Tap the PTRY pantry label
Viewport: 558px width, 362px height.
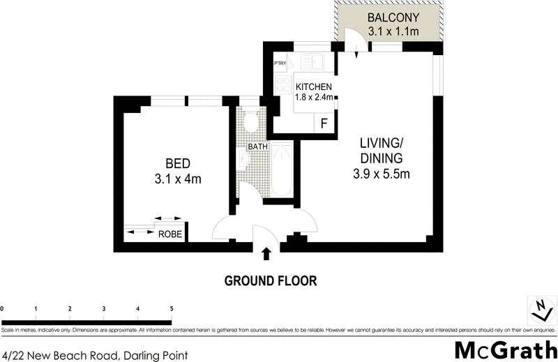click(280, 63)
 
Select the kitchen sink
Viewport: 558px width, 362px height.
click(318, 62)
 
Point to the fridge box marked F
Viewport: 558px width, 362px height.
click(324, 124)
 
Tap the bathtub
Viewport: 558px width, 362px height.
click(282, 169)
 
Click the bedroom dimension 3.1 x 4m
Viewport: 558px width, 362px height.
click(178, 179)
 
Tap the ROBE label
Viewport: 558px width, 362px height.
click(169, 235)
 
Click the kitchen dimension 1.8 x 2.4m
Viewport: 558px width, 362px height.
click(313, 98)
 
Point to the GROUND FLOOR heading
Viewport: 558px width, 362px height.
click(270, 281)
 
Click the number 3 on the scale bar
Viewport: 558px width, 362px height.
click(104, 308)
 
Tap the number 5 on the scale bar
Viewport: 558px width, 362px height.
click(172, 308)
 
